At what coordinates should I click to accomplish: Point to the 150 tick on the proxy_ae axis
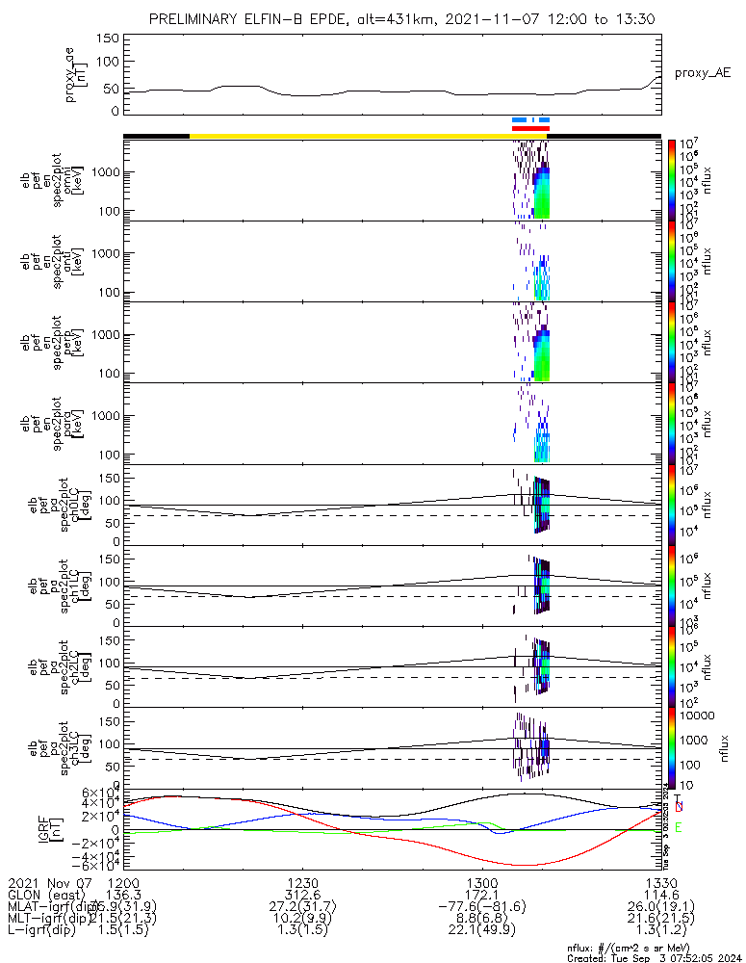click(108, 39)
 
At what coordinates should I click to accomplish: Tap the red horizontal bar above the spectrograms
click(530, 128)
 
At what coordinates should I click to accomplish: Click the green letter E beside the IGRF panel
click(679, 826)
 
